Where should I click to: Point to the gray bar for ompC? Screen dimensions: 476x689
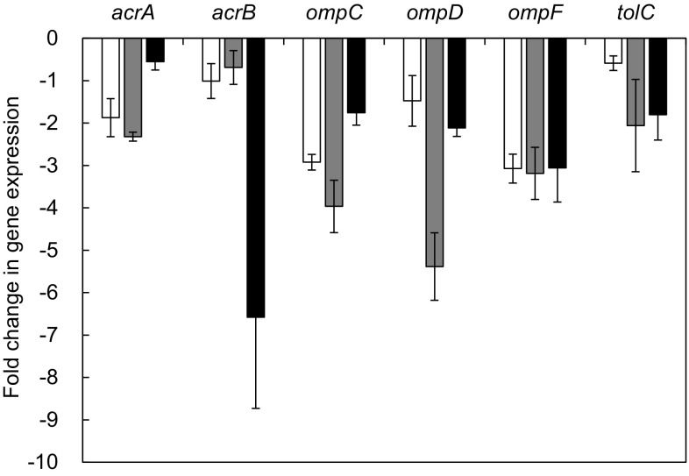pyautogui.click(x=334, y=122)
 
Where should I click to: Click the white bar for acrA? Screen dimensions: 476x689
pyautogui.click(x=110, y=78)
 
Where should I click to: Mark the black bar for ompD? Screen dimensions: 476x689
pyautogui.click(x=457, y=83)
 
